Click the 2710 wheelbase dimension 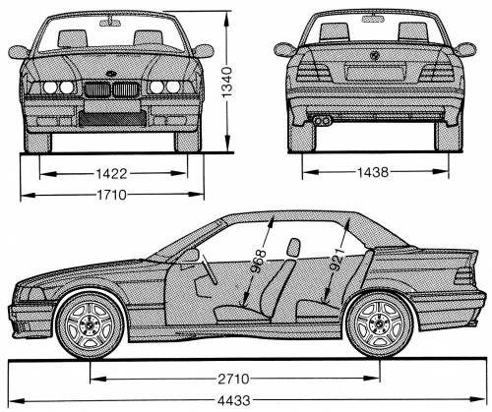235,377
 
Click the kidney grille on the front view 110,89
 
